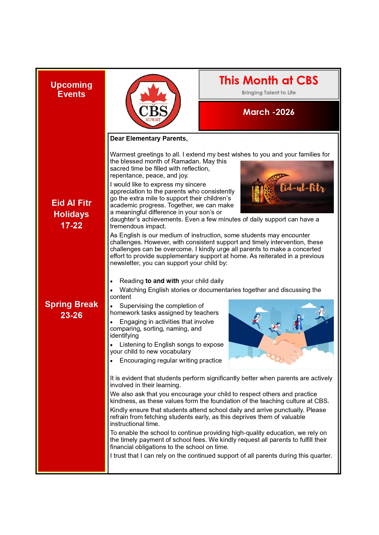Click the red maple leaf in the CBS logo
click(x=153, y=93)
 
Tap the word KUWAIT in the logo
click(x=153, y=120)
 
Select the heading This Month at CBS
click(x=268, y=80)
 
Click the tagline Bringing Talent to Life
click(x=268, y=93)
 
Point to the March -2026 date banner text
click(x=268, y=112)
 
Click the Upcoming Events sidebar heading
click(x=71, y=89)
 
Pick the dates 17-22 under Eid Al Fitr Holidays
click(x=71, y=225)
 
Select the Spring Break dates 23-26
click(x=71, y=315)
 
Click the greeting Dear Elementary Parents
click(x=149, y=139)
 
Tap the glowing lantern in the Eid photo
click(x=258, y=191)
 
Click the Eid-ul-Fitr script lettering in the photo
click(x=302, y=188)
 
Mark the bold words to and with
click(x=162, y=281)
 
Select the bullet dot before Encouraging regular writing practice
click(x=112, y=361)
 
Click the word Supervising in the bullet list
click(x=137, y=306)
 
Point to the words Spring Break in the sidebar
click(x=71, y=304)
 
